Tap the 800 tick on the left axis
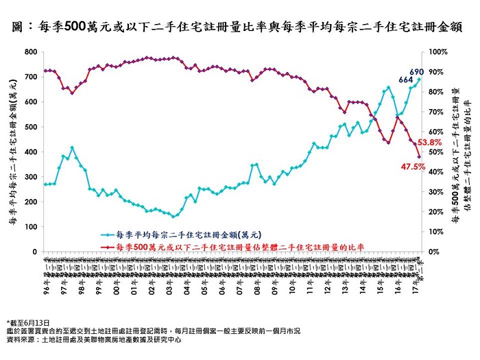pos(30,52)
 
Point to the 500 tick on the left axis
pos(30,127)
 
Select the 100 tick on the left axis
pos(30,227)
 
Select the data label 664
pos(406,80)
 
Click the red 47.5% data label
pos(410,167)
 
